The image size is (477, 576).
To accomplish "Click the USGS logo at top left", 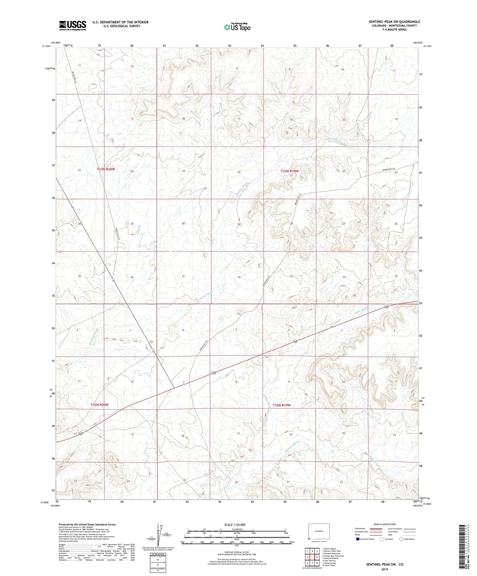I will pos(73,25).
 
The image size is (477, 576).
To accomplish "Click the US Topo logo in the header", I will pos(237,27).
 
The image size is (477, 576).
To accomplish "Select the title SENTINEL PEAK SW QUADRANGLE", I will pos(394,22).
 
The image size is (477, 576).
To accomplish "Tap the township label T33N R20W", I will pos(106,169).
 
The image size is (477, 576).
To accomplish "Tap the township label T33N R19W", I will pos(290,171).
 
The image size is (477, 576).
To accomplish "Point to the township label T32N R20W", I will pos(100,404).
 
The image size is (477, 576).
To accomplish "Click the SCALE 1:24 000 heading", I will pos(235,525).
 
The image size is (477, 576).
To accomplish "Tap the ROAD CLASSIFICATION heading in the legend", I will pos(385,524).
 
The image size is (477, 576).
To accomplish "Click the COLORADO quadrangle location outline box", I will pos(319,532).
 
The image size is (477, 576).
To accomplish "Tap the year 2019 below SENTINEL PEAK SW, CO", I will pos(384,569).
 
